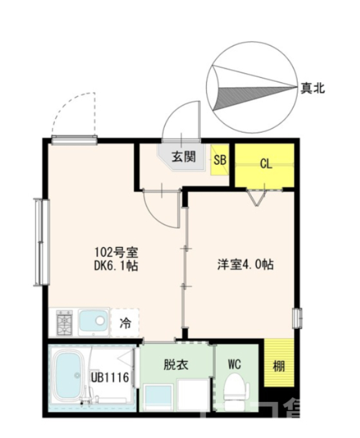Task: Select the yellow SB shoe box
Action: click(x=220, y=160)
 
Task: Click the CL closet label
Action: click(x=265, y=165)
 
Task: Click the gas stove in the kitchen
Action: click(x=64, y=323)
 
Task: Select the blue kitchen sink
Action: click(x=93, y=322)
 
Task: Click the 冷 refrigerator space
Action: click(x=125, y=323)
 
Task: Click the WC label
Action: click(x=235, y=364)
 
